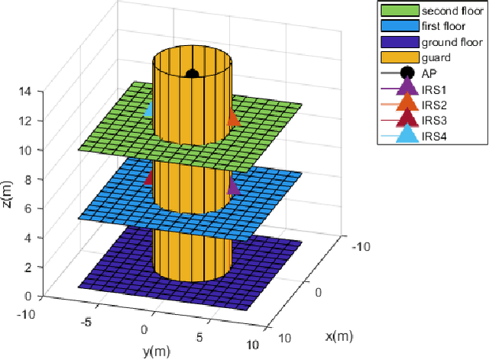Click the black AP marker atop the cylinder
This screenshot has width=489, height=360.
[193, 74]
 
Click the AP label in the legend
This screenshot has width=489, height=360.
[429, 73]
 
